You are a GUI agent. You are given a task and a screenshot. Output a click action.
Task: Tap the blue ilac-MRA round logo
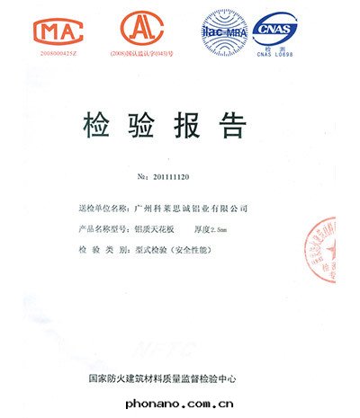coord(225,30)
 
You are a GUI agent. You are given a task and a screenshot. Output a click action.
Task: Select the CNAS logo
coord(274,27)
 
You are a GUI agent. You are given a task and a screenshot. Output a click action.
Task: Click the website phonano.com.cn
coord(180,405)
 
